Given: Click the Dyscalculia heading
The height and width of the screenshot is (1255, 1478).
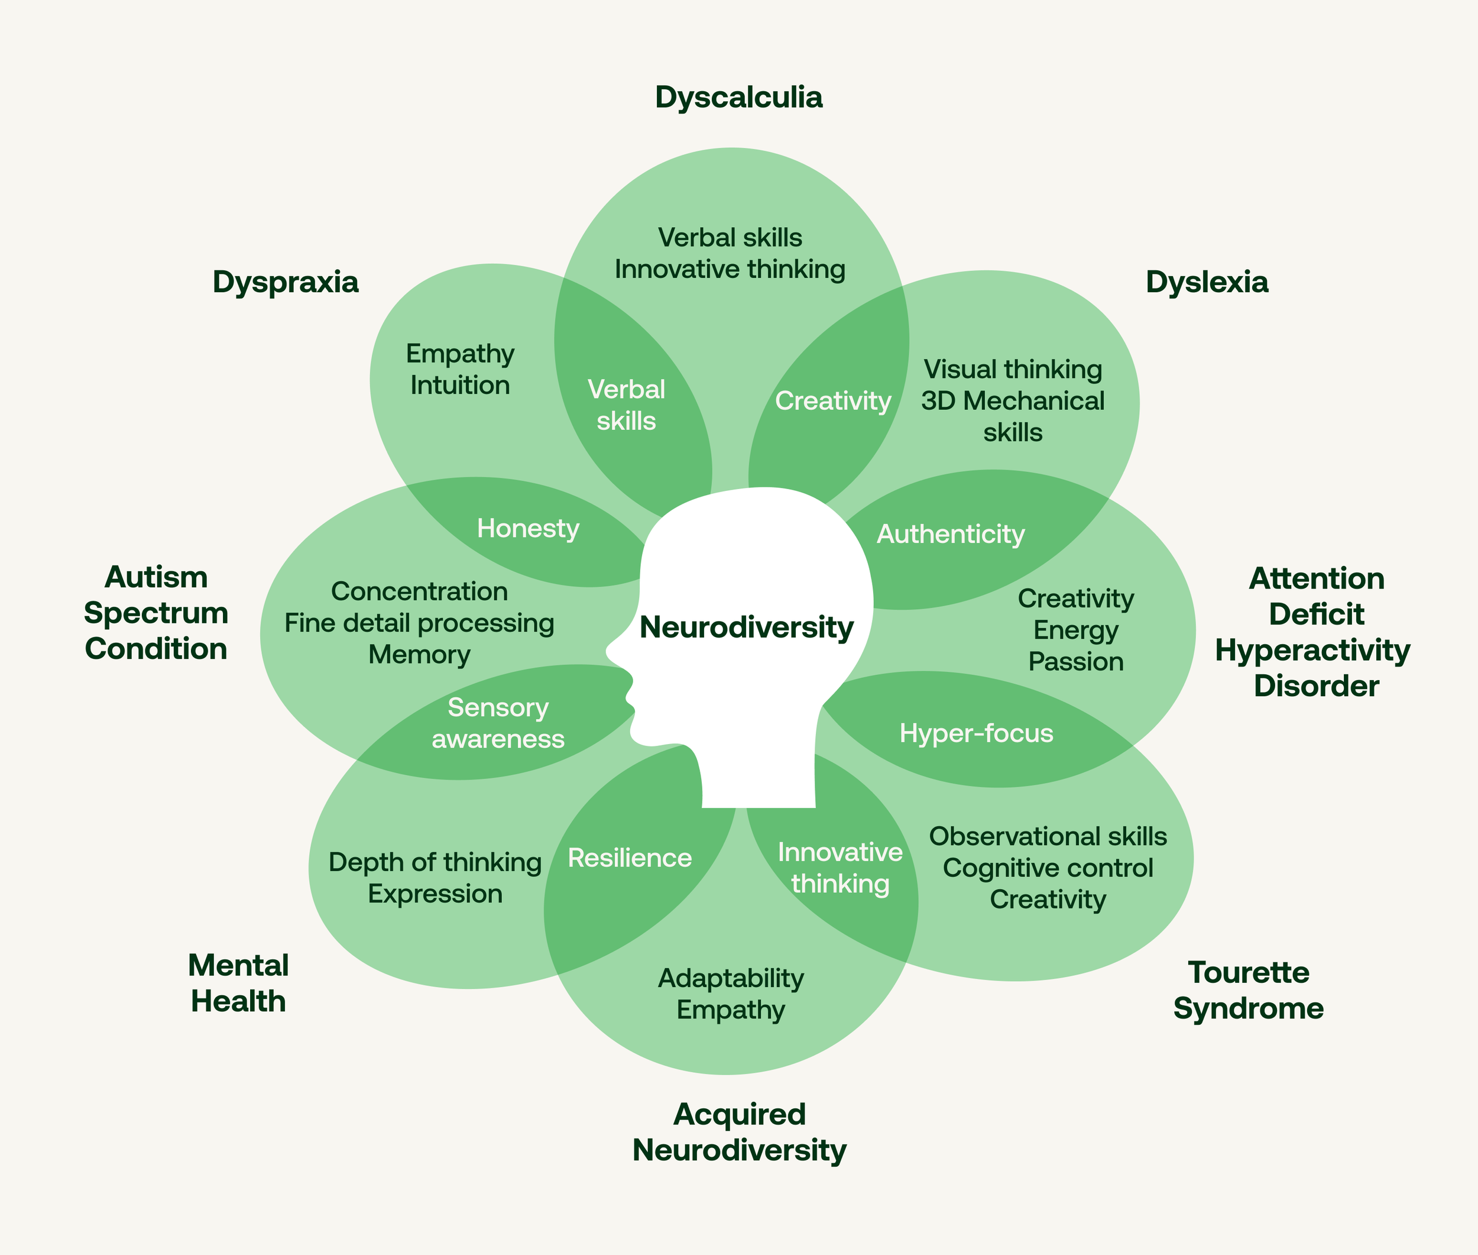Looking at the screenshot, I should (x=738, y=98).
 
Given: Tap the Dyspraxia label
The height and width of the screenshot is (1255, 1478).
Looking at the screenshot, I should (x=285, y=282).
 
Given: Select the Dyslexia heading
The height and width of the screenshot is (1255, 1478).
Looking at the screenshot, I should (x=1206, y=282).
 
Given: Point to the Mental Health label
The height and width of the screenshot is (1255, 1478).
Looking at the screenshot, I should (x=238, y=983).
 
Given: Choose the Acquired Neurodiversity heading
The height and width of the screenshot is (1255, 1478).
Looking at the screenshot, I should (x=739, y=1132).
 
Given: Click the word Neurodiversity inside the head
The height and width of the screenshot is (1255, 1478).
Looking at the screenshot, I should (x=746, y=627).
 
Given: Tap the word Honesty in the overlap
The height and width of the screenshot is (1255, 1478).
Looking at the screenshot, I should (x=528, y=529).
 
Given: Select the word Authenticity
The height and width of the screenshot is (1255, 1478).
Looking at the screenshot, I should (x=950, y=534).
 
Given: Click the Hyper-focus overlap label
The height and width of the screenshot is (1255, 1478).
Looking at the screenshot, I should (x=976, y=733).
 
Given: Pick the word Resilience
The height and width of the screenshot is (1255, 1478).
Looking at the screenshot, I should (x=630, y=858).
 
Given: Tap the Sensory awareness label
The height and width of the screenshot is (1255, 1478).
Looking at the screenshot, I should (x=498, y=723).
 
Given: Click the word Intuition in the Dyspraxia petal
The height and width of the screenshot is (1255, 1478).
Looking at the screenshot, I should (x=460, y=386).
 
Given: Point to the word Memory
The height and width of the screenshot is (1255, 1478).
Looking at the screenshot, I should (x=419, y=655).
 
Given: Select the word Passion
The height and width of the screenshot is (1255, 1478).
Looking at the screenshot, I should (x=1075, y=662).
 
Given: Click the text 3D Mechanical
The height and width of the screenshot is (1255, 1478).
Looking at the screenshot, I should (x=1012, y=401).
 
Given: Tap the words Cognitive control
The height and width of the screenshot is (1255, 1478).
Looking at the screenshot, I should (x=1048, y=868).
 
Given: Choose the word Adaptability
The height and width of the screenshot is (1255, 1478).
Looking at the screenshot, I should (x=731, y=978).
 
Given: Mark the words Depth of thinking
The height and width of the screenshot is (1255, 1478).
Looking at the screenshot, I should (x=435, y=862).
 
